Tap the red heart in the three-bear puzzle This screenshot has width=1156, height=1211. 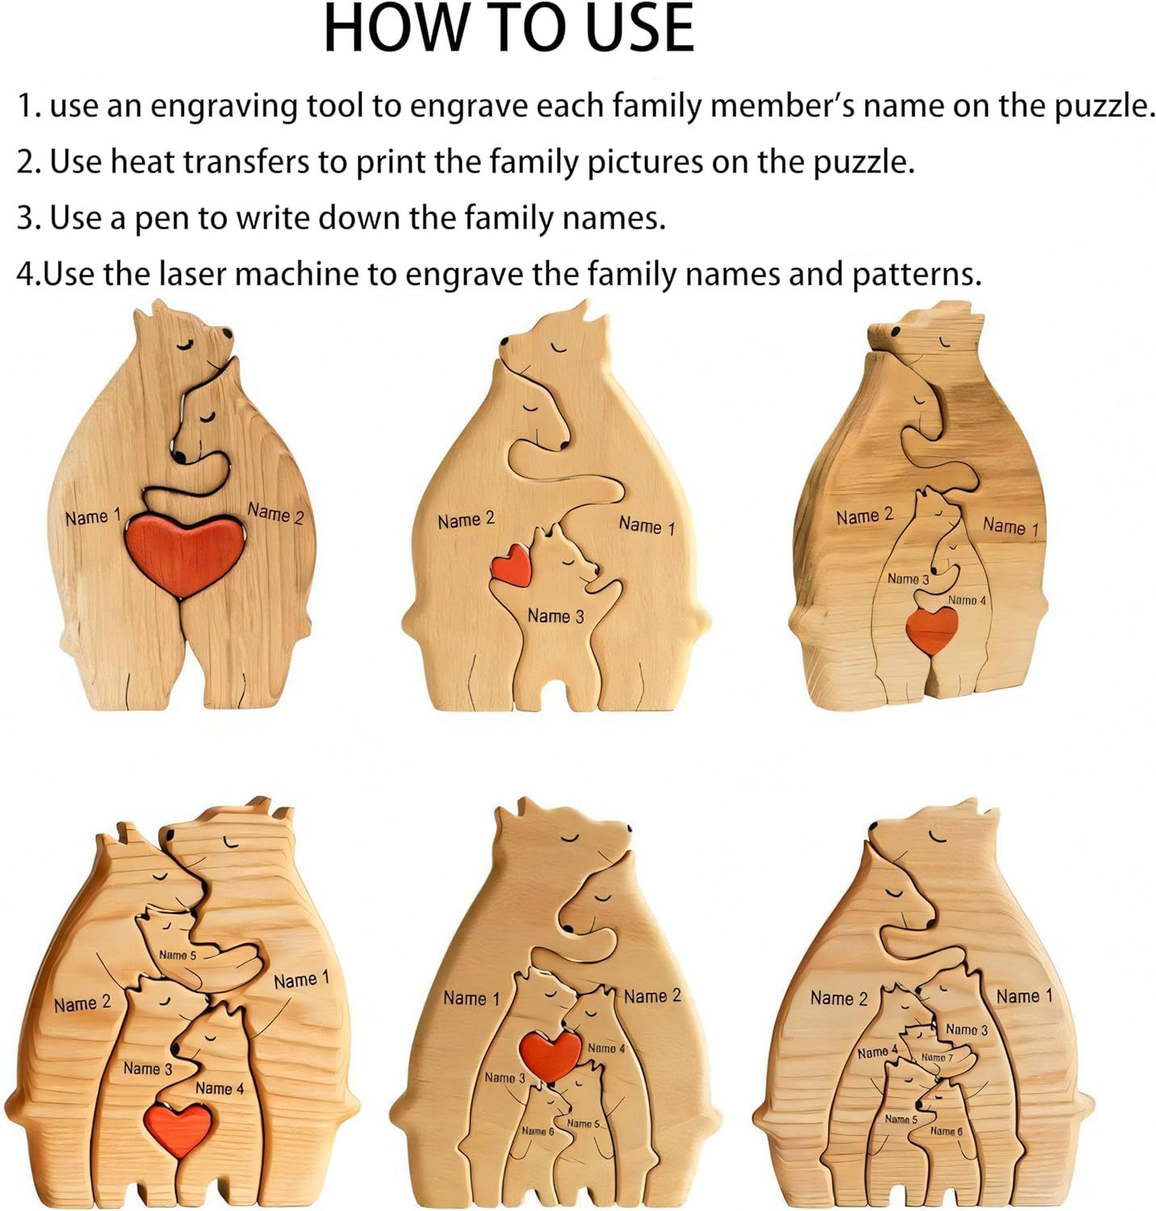click(x=513, y=564)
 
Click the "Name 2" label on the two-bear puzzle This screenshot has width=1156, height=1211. click(x=275, y=513)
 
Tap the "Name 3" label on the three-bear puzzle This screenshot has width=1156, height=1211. click(x=555, y=616)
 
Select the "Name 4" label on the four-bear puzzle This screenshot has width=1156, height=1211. click(x=966, y=600)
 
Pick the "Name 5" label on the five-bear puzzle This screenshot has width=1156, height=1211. click(x=178, y=955)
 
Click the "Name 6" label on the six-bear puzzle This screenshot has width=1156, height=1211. click(x=538, y=1130)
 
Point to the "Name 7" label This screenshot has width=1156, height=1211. click(x=937, y=1057)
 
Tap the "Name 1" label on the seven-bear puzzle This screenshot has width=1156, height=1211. click(x=1024, y=996)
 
